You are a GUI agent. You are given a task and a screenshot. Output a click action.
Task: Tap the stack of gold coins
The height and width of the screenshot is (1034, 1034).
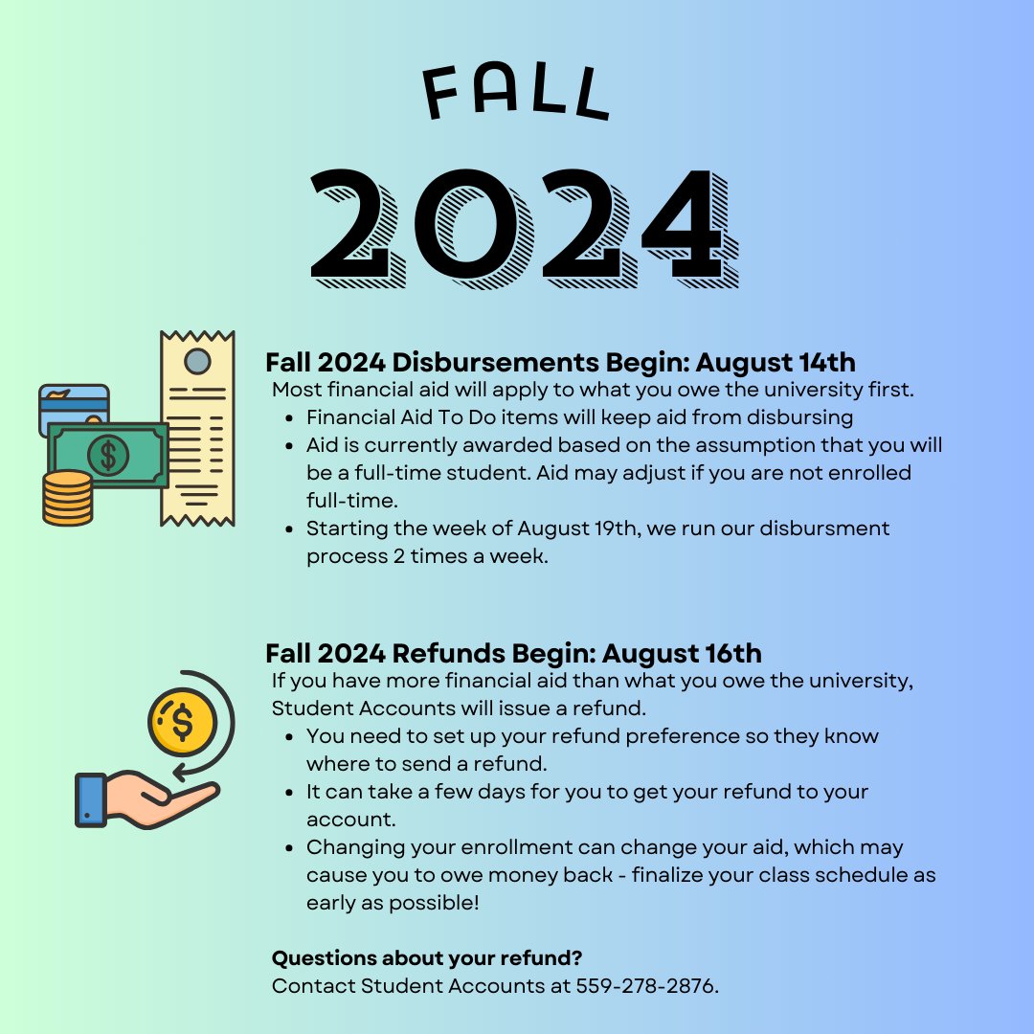point(67,497)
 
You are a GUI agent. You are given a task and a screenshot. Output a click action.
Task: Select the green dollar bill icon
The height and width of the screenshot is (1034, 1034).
point(107,456)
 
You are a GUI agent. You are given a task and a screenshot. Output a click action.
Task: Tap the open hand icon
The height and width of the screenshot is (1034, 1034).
point(144,800)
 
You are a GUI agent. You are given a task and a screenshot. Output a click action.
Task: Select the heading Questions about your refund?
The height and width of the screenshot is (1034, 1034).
point(427,958)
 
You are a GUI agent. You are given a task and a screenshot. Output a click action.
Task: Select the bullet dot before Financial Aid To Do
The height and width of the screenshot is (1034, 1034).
point(290,418)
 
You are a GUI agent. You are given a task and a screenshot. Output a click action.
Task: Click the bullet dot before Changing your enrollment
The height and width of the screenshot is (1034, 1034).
point(290,848)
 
